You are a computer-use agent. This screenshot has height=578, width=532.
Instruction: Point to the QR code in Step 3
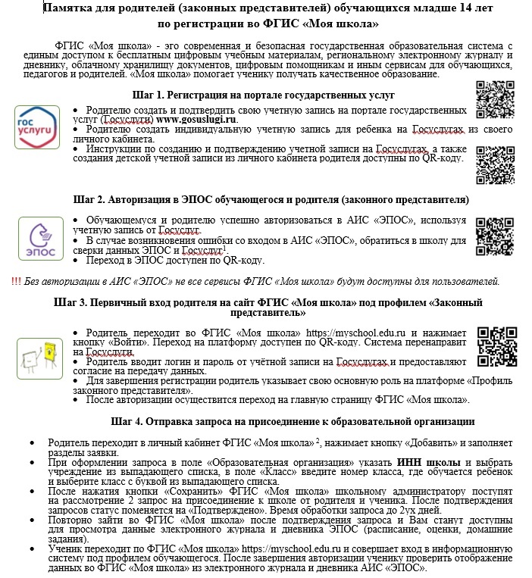pos(496,345)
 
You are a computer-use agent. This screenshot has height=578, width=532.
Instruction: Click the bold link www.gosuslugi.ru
pos(197,120)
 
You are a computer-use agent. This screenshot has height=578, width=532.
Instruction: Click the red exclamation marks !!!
pos(17,281)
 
